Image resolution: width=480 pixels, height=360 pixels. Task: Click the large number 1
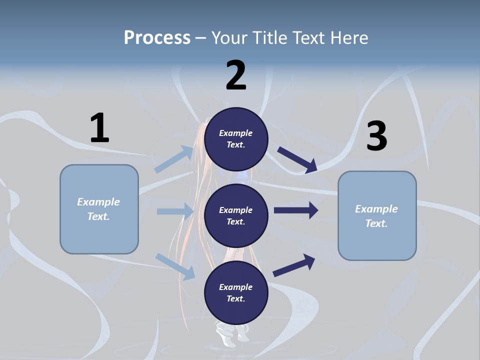tap(99, 128)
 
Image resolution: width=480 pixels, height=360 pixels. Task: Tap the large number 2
tap(236, 75)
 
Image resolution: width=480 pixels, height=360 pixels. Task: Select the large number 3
tap(377, 136)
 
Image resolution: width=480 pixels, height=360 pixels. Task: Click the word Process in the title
tap(157, 37)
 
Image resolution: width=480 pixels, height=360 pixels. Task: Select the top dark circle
tap(236, 139)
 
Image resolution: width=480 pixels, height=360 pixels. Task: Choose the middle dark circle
tap(236, 215)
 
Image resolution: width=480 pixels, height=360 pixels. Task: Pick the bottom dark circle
tap(236, 292)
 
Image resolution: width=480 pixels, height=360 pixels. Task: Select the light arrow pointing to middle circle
tap(175, 211)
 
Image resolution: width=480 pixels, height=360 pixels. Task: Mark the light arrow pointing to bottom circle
tap(175, 266)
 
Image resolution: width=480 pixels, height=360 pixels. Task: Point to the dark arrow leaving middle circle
tap(296, 210)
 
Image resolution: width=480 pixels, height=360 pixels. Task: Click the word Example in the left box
tap(98, 202)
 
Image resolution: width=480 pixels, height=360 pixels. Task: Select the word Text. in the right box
tap(376, 223)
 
